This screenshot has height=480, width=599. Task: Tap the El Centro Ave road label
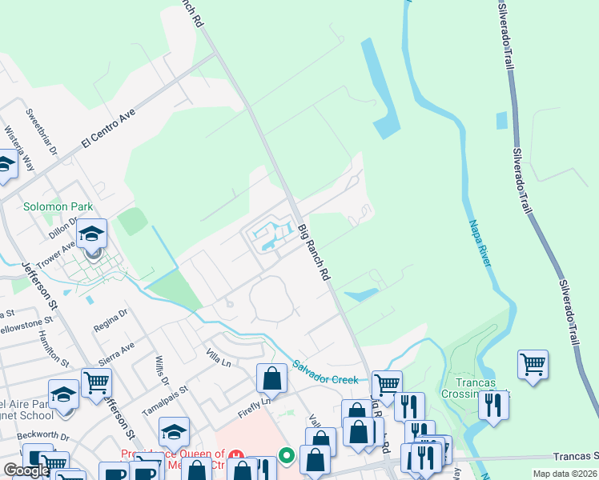coord(108,128)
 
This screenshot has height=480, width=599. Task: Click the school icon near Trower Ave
coord(92,234)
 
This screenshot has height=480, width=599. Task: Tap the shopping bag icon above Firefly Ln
coord(271,378)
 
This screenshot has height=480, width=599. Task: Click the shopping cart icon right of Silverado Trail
coord(533,365)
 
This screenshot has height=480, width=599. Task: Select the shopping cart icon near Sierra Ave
coord(96,382)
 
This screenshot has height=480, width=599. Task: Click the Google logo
coord(26,470)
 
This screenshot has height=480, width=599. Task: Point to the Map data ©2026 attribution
coord(565,474)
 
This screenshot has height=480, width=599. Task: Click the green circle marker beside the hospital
coord(287,456)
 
